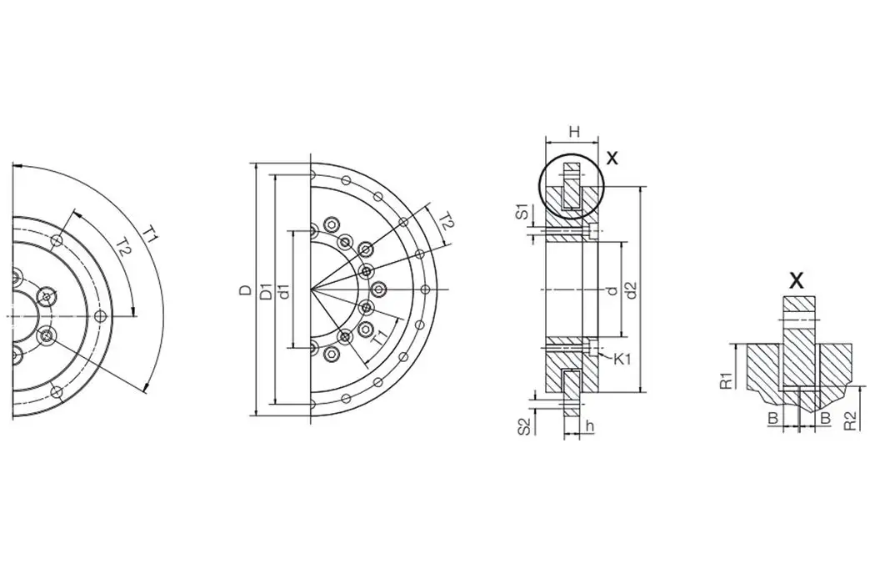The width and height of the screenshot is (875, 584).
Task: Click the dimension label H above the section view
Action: tap(572, 132)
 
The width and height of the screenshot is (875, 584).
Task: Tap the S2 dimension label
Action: tap(523, 426)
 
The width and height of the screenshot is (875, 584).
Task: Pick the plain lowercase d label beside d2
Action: tap(612, 289)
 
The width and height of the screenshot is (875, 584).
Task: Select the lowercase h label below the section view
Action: tap(589, 426)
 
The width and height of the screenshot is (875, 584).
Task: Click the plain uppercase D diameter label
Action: tap(245, 290)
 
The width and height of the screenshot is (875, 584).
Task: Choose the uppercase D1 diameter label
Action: tap(265, 291)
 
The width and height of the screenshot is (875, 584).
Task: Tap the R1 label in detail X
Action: tap(727, 380)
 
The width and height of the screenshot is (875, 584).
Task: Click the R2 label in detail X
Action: tap(849, 420)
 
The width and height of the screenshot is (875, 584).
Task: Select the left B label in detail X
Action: tap(773, 417)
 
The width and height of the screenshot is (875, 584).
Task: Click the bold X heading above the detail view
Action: tap(797, 280)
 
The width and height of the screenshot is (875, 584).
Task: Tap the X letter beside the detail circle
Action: tap(612, 158)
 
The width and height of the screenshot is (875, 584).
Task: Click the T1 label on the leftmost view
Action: tap(150, 235)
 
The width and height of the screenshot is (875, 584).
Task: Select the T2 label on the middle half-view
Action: tap(446, 222)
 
